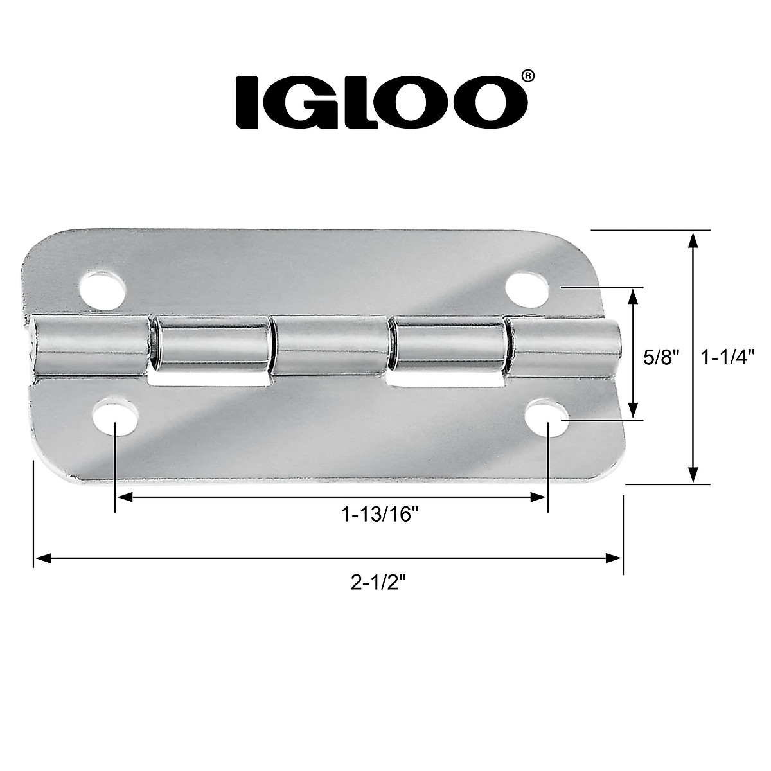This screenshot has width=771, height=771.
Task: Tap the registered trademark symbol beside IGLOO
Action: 526,76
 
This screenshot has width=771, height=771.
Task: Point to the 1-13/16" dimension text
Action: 384,515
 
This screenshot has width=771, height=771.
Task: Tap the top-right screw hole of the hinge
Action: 526,287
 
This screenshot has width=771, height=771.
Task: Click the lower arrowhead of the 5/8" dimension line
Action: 634,412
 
